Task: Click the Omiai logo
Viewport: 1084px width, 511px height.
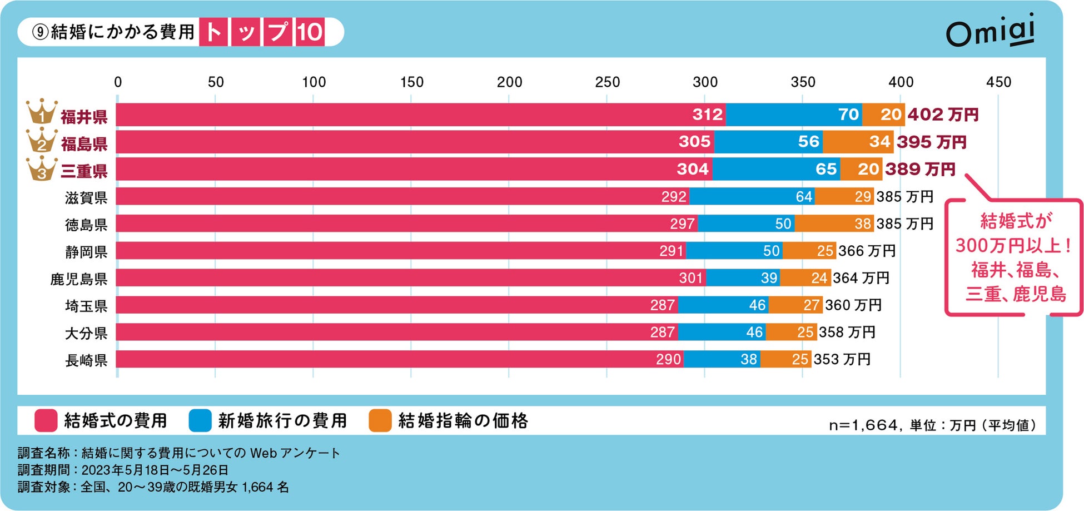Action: [990, 32]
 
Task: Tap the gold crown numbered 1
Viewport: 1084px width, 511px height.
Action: [42, 113]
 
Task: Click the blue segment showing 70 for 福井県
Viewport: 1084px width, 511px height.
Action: [794, 115]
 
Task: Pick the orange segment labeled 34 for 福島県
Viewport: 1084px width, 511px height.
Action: [858, 142]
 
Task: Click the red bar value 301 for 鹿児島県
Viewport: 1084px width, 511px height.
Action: [690, 278]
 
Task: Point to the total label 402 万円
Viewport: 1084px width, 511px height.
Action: [943, 115]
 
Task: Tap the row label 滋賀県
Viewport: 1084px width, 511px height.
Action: [86, 197]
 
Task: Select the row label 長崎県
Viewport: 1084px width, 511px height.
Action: [86, 360]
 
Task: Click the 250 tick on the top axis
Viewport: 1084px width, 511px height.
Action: [607, 82]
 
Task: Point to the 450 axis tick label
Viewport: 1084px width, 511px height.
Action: [998, 82]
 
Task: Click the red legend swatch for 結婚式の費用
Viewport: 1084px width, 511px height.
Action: [46, 420]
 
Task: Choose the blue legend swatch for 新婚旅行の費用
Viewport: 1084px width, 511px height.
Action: [200, 420]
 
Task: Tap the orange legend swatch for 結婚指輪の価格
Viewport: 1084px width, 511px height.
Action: [380, 420]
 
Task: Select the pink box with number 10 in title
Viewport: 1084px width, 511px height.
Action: [310, 32]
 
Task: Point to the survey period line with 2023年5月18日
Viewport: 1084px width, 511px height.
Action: [123, 470]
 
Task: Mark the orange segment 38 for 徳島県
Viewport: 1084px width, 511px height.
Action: [834, 224]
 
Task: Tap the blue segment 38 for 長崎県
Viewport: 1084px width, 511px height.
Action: [722, 359]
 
